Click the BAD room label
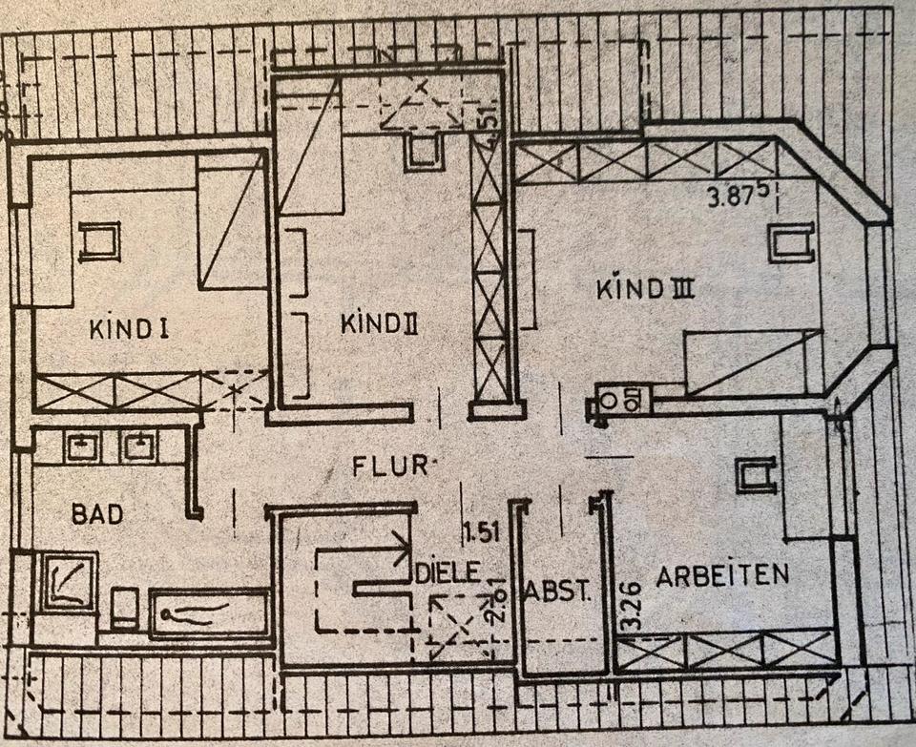(96, 514)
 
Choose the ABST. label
(557, 591)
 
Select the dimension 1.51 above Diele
(482, 531)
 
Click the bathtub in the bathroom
(209, 612)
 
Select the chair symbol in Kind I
(98, 240)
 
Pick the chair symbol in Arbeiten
(756, 474)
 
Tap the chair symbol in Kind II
(423, 153)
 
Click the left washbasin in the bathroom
(82, 445)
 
